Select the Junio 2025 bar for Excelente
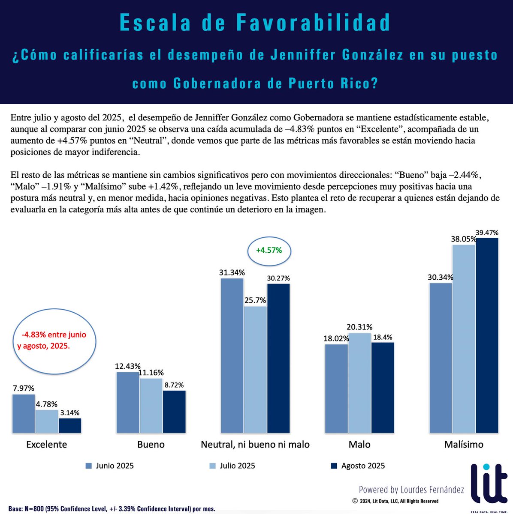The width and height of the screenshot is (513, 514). [24, 413]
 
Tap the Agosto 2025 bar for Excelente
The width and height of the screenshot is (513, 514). [70, 425]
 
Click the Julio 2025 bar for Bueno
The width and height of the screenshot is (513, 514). [151, 406]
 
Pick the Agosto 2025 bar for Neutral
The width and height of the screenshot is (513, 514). [278, 358]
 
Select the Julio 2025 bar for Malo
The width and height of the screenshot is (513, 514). [359, 383]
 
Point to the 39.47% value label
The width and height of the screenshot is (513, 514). [487, 233]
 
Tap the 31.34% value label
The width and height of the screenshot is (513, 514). [232, 272]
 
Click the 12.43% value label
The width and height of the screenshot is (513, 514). [127, 366]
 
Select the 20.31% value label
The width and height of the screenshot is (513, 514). [359, 327]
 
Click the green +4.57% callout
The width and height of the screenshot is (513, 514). [269, 250]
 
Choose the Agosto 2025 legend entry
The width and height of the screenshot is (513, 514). [358, 466]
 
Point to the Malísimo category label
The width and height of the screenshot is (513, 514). [464, 445]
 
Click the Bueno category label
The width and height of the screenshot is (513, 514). [151, 445]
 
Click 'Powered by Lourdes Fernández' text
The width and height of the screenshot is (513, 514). [411, 490]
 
